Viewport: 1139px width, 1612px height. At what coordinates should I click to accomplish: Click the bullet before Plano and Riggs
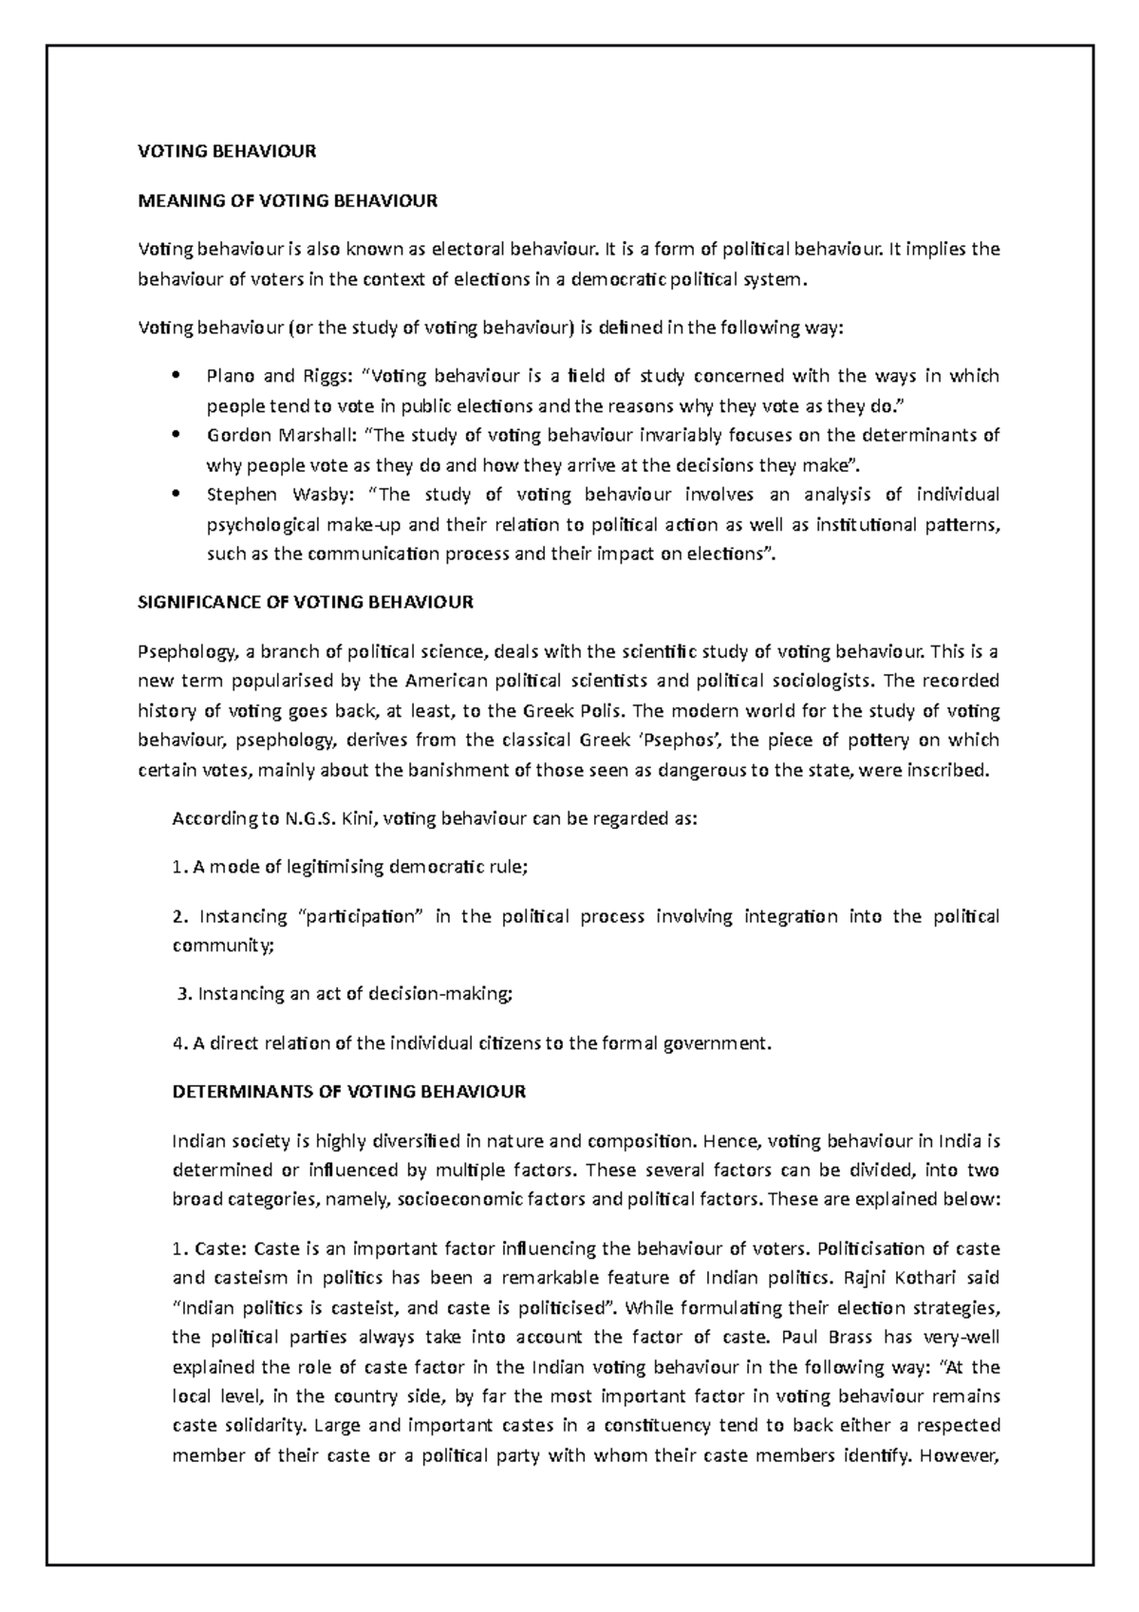tap(177, 377)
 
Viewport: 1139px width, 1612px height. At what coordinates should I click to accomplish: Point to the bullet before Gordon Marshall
tap(177, 436)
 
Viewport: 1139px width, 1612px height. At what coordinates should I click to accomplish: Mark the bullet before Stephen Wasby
tap(177, 495)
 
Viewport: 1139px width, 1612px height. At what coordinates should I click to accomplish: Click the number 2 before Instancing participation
tap(177, 916)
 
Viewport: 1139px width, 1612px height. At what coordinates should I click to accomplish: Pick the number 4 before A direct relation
tap(177, 1043)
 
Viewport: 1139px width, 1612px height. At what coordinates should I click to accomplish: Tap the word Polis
tap(598, 710)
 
